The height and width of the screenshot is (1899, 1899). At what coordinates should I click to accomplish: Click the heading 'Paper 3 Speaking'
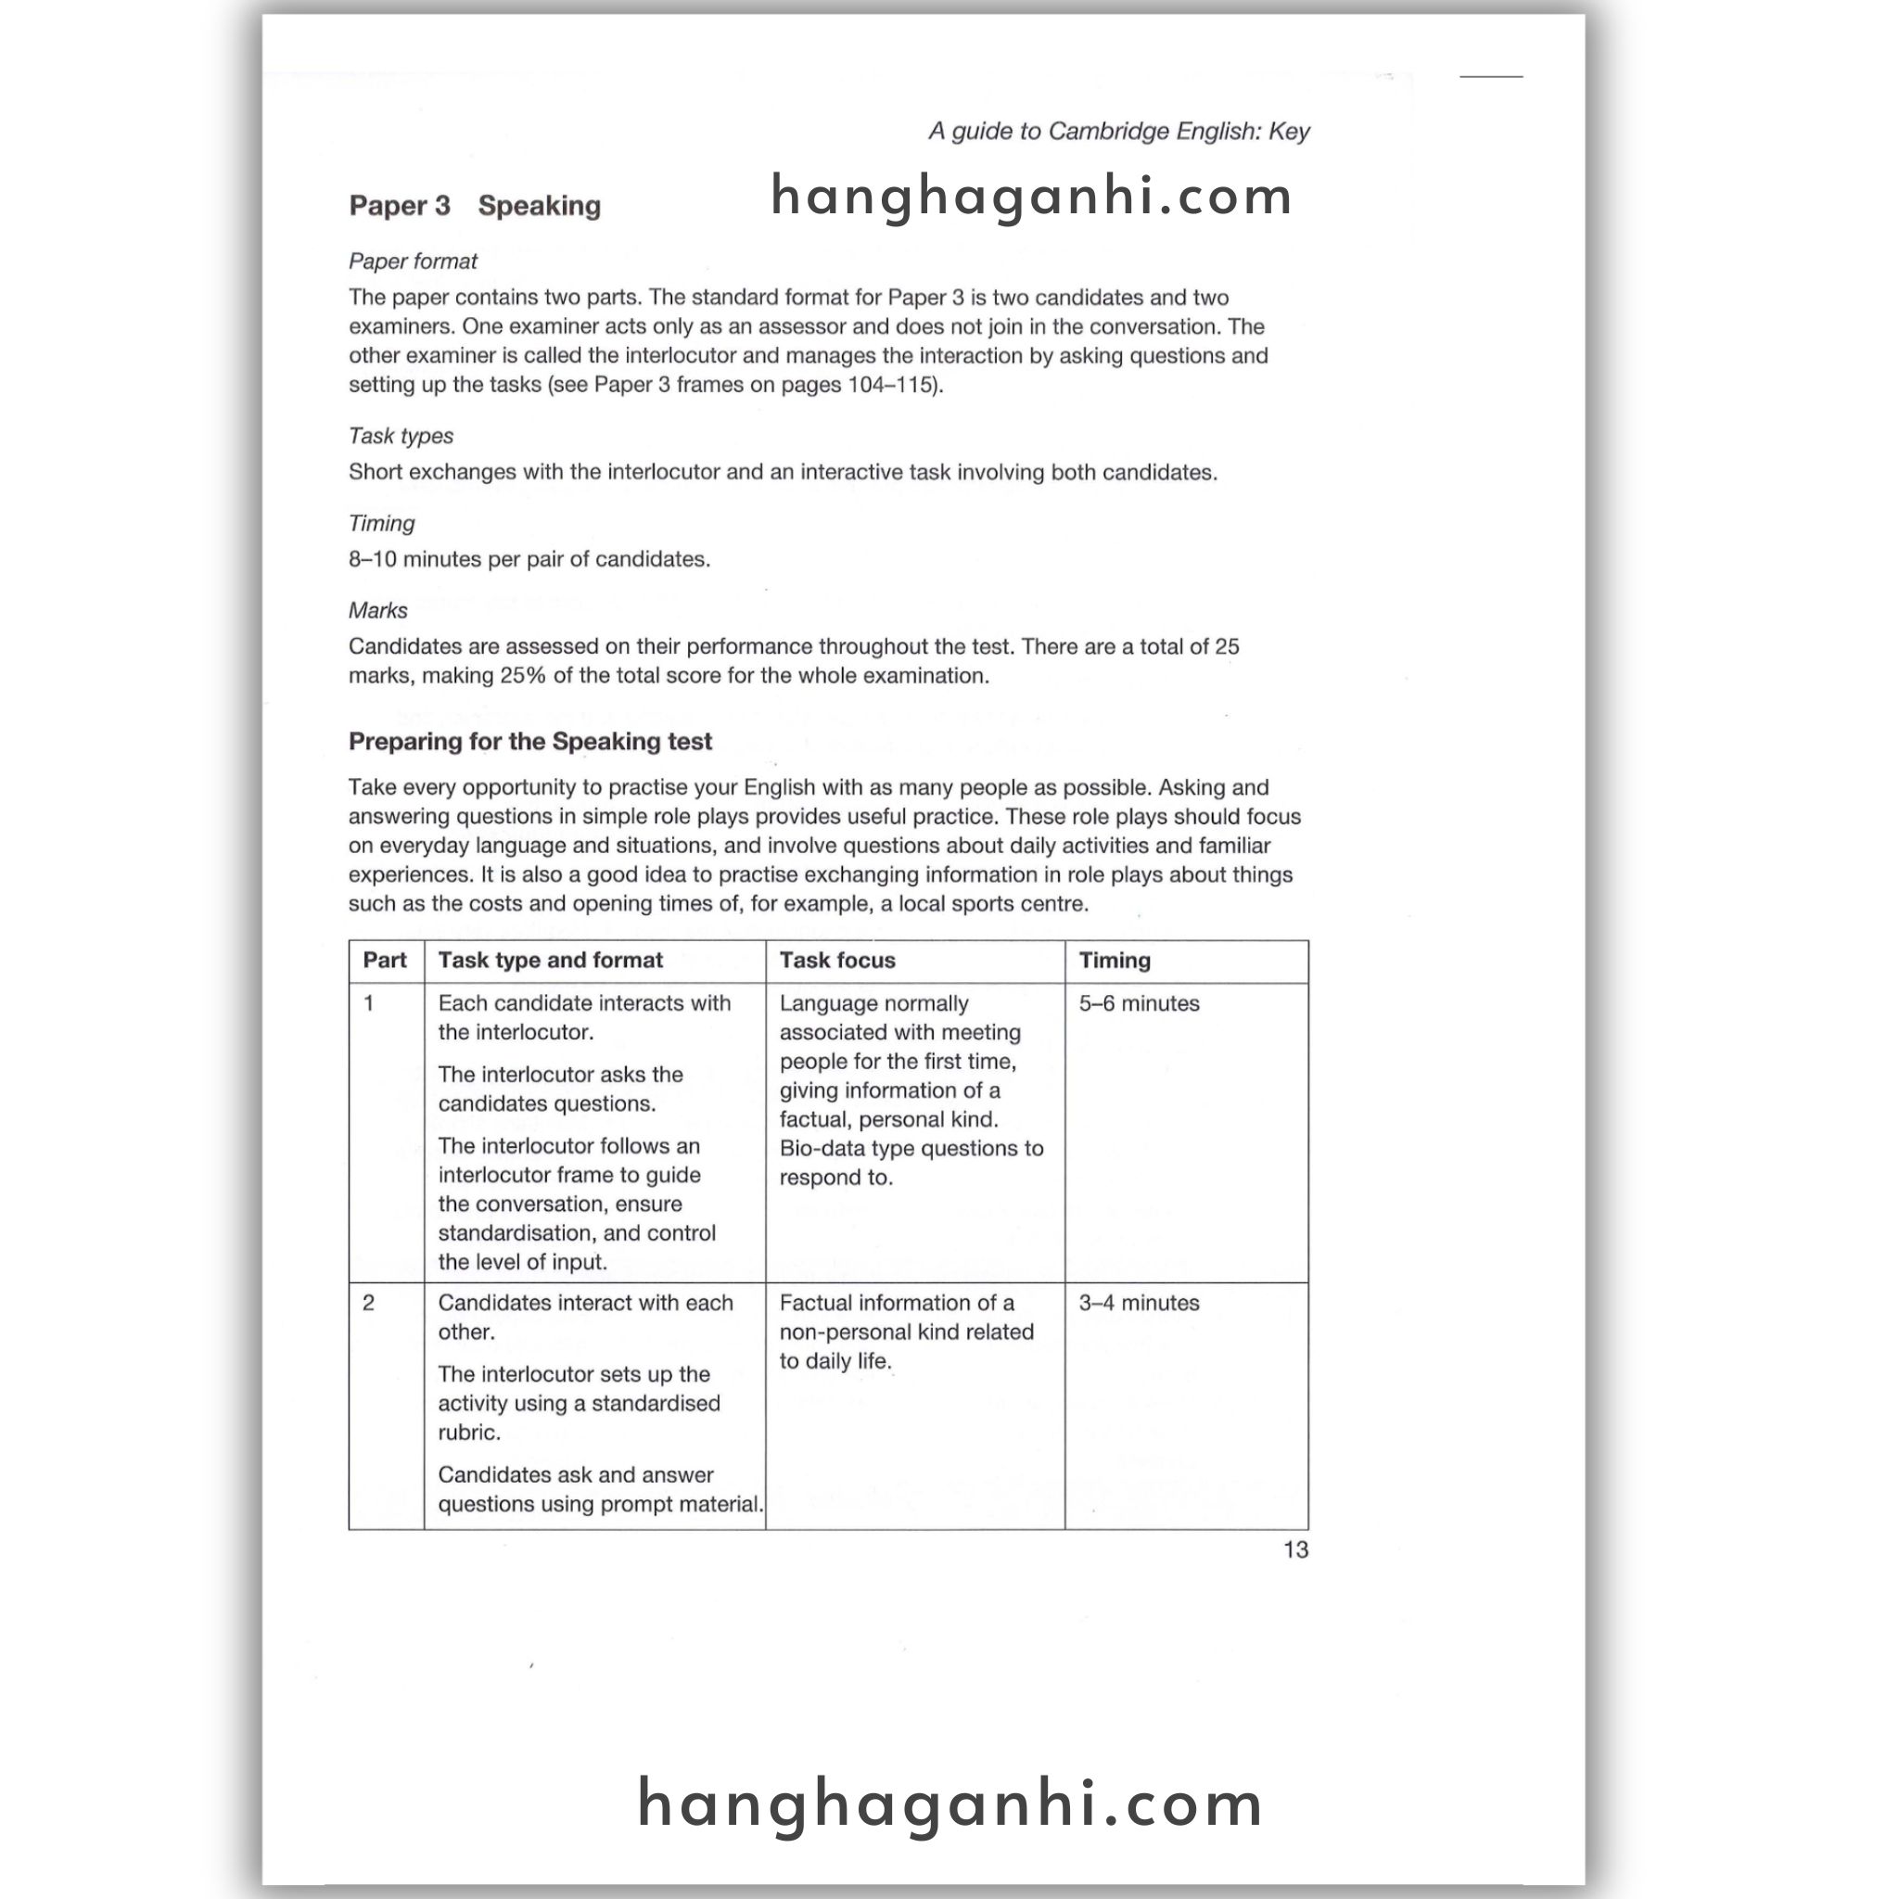pos(475,206)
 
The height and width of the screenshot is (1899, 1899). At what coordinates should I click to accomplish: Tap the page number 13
pos(1294,1550)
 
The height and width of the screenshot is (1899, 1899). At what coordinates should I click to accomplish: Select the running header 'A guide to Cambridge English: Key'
pos(1118,131)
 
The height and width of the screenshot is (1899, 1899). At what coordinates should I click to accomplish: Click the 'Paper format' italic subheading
pos(413,261)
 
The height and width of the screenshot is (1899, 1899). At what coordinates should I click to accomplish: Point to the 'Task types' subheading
pos(401,436)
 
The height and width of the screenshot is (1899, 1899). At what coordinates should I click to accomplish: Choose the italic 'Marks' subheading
pos(377,610)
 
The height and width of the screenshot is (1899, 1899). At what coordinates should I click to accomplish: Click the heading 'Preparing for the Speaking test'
pos(529,741)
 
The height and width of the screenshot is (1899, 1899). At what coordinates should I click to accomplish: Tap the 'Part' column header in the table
pos(384,961)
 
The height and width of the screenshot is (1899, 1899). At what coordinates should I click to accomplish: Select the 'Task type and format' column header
pos(551,961)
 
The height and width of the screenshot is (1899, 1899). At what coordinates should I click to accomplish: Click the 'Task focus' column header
pos(837,961)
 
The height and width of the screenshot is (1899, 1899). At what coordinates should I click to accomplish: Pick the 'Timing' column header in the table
pos(1115,961)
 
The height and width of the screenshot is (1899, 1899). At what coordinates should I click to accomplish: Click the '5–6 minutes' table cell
pos(1140,1003)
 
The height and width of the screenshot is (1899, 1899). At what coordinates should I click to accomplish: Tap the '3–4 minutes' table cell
pos(1140,1304)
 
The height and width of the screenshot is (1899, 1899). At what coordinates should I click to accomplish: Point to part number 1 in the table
pos(369,1003)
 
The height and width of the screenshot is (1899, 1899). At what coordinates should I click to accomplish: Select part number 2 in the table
pos(369,1304)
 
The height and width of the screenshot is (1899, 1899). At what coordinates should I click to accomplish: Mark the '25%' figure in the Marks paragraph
pos(522,676)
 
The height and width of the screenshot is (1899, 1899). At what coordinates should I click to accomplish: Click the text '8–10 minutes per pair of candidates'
pos(529,559)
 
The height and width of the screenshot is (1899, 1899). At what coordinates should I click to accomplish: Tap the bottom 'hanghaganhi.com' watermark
pos(950,1803)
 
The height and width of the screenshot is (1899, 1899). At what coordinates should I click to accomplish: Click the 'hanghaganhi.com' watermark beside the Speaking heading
pos(1031,196)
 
